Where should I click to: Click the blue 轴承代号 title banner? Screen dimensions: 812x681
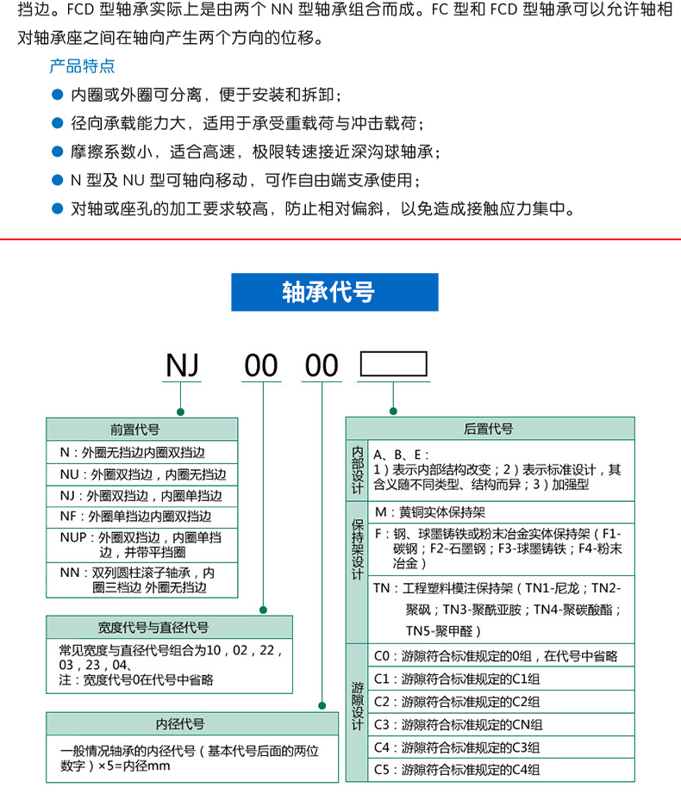[x=334, y=292]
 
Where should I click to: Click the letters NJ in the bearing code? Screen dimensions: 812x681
[x=182, y=366]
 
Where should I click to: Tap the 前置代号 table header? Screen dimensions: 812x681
[x=141, y=429]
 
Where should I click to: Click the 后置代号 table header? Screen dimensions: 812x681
[x=490, y=429]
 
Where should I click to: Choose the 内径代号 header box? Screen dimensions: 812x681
[x=192, y=724]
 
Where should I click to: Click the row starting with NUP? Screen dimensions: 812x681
[x=141, y=544]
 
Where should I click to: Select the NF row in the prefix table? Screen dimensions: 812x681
[x=141, y=517]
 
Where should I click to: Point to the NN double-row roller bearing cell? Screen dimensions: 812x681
[x=141, y=580]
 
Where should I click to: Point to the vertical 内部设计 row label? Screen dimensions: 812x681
[x=357, y=470]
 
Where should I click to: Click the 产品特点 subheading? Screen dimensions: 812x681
[x=82, y=66]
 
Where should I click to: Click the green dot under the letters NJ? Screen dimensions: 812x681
[x=181, y=411]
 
